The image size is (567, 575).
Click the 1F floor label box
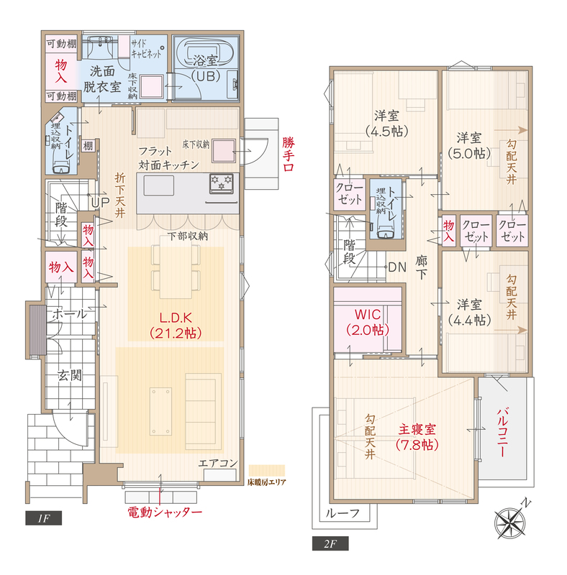(x=43, y=517)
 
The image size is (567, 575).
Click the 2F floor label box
(x=330, y=543)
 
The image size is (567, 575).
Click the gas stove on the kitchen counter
(x=222, y=183)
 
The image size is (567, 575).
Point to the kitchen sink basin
(x=158, y=185)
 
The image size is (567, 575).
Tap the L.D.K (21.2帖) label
(x=176, y=326)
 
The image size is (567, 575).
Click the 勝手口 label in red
(x=289, y=154)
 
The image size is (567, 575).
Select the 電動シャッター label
(x=165, y=512)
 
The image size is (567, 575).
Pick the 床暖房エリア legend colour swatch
(x=267, y=471)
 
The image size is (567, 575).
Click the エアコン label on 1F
(x=218, y=463)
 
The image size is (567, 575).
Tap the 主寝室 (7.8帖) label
(x=417, y=437)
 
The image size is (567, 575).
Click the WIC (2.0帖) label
(x=368, y=322)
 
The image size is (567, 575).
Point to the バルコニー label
(x=502, y=432)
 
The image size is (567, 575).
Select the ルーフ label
(x=343, y=513)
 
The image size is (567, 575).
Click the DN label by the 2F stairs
(x=397, y=267)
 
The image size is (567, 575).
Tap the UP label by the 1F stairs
(x=100, y=203)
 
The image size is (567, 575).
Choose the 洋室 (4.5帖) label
(x=386, y=124)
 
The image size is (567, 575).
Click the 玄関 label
(x=69, y=375)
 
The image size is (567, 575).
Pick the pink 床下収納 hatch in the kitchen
(x=223, y=151)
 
